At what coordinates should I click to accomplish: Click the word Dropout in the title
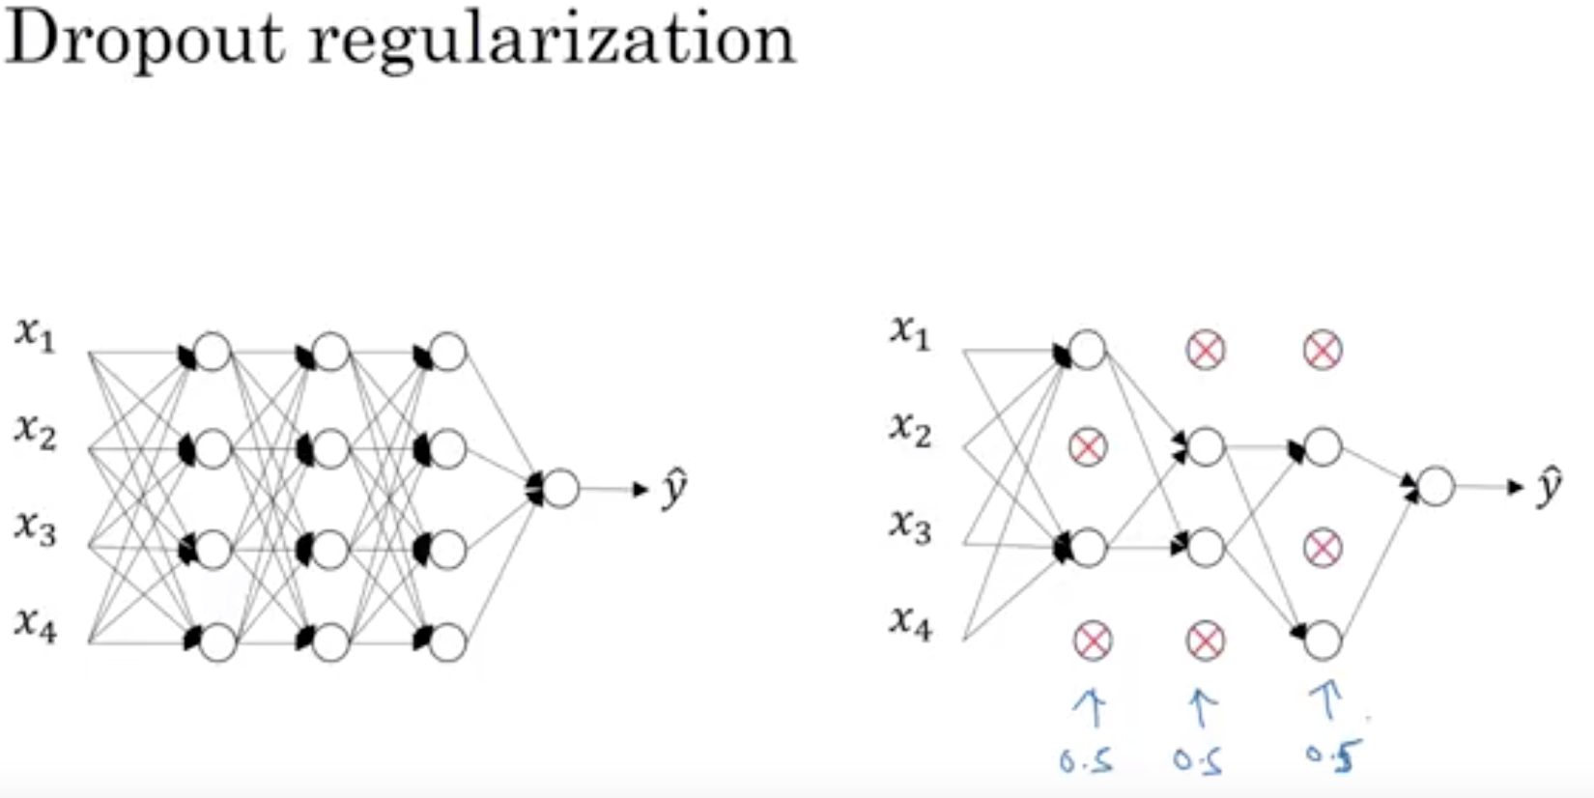pyautogui.click(x=145, y=41)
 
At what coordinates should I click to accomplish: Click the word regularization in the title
pyautogui.click(x=551, y=41)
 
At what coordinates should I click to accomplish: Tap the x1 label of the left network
pyautogui.click(x=36, y=334)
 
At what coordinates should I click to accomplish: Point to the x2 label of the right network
pyautogui.click(x=911, y=428)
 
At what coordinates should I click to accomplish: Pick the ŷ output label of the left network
pyautogui.click(x=673, y=489)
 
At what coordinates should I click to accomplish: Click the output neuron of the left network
pyautogui.click(x=560, y=489)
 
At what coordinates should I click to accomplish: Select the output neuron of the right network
pyautogui.click(x=1436, y=486)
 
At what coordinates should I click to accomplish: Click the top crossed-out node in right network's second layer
pyautogui.click(x=1206, y=350)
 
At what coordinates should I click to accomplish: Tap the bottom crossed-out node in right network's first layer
pyautogui.click(x=1093, y=640)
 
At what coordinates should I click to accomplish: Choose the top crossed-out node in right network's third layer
pyautogui.click(x=1323, y=350)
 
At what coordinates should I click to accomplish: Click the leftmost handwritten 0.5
pyautogui.click(x=1086, y=761)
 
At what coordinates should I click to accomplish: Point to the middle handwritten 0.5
pyautogui.click(x=1198, y=761)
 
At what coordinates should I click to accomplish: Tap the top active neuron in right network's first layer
pyautogui.click(x=1087, y=350)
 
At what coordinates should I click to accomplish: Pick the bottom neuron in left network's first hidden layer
pyautogui.click(x=218, y=641)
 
